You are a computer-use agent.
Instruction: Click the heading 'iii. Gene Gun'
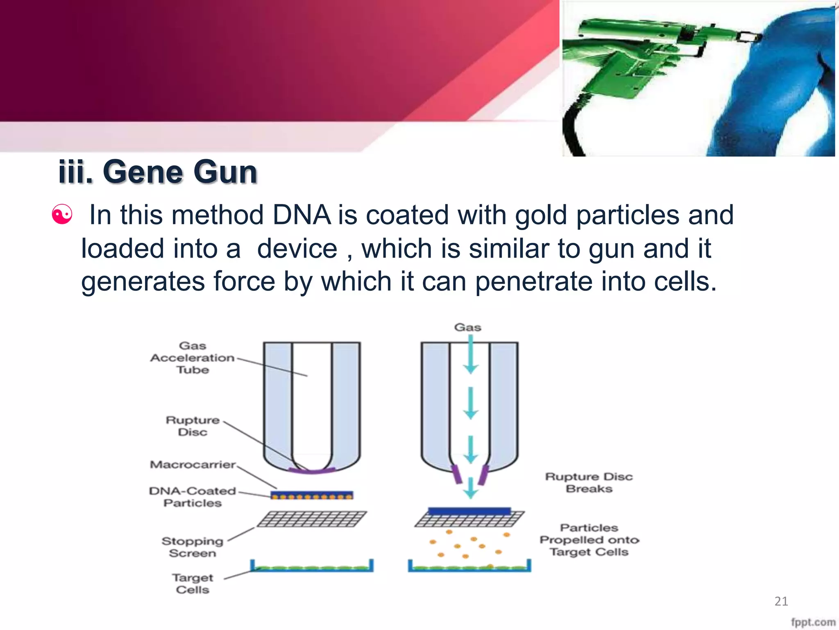tap(158, 171)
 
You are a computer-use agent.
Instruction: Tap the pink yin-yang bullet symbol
tap(62, 215)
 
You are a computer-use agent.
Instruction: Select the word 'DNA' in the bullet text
tap(302, 215)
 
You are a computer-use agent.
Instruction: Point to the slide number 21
tap(781, 601)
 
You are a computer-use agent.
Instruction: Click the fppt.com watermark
tap(813, 622)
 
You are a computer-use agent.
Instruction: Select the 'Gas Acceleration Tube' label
tap(193, 358)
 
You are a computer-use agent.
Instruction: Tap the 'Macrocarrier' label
tap(193, 464)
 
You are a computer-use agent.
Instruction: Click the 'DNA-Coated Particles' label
tap(193, 497)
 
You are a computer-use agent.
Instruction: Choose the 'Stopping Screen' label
tap(193, 547)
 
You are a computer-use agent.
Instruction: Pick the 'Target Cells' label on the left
tap(193, 583)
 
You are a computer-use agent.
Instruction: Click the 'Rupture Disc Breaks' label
tap(589, 482)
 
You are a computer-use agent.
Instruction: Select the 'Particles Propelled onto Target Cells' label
tap(589, 539)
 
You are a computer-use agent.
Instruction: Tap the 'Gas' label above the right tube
tap(467, 327)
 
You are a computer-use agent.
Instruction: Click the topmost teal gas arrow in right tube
tap(471, 355)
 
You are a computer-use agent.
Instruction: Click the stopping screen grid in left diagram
tap(312, 519)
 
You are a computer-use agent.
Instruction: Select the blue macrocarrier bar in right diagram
tap(469, 511)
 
